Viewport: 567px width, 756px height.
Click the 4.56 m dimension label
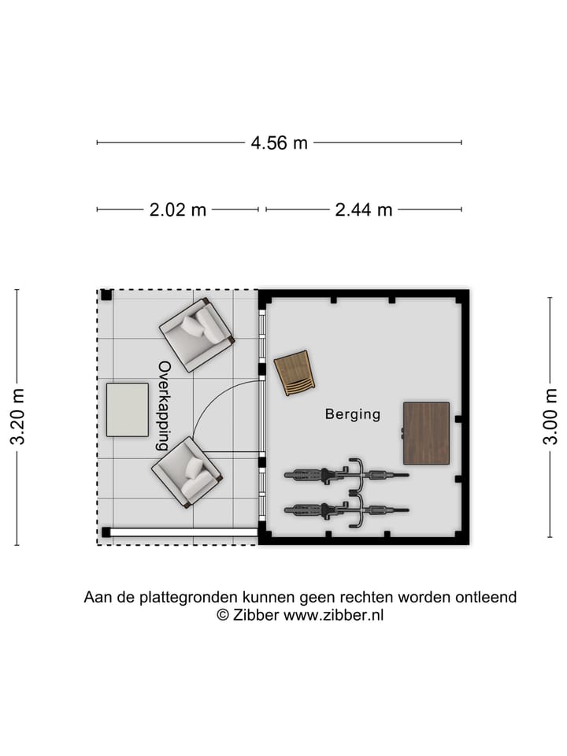(279, 143)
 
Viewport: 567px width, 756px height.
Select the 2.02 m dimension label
(177, 209)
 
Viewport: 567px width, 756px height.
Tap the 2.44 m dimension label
(363, 209)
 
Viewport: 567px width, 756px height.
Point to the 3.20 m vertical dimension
(17, 417)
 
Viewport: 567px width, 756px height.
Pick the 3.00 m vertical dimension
(550, 417)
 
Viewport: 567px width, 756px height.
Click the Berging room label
(353, 413)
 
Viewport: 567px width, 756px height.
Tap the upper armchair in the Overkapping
(197, 334)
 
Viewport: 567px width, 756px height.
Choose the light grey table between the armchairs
(127, 409)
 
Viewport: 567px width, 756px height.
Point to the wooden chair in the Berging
(295, 373)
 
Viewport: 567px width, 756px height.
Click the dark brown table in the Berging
(426, 433)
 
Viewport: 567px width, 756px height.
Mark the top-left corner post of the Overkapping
(106, 295)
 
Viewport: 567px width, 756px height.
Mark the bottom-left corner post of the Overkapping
(106, 532)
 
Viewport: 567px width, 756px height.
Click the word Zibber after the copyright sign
(256, 616)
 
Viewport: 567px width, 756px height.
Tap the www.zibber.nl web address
(334, 616)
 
